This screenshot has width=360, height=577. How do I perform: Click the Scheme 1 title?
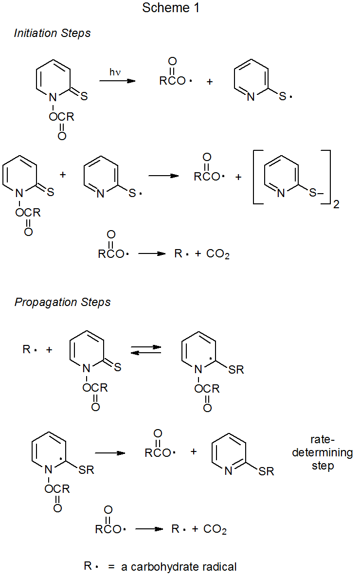171,8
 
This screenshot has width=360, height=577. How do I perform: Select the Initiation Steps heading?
53,34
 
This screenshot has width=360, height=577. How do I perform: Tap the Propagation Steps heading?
63,302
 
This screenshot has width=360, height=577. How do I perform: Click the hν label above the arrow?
115,72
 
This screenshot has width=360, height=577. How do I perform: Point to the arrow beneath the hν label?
117,81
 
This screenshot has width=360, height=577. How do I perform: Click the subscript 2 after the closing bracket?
336,205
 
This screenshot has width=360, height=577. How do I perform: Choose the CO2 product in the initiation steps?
218,254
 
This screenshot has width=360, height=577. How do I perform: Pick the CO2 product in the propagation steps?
215,530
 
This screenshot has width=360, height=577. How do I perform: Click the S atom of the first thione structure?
84,96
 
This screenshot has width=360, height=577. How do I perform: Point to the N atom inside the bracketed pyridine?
281,194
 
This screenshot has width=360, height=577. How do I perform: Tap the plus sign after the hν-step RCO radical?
210,82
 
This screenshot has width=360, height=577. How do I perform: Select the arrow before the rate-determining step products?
110,453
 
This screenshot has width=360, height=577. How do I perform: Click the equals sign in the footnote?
111,567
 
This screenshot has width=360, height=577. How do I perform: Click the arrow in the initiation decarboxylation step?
152,254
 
